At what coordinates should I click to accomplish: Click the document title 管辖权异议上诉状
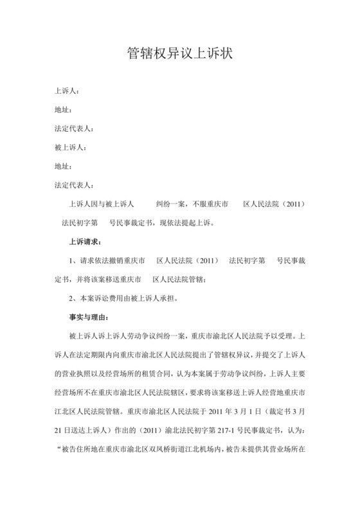[x=179, y=54]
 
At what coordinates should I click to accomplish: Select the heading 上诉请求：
[x=85, y=242]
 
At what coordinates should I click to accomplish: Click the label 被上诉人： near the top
[x=71, y=148]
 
